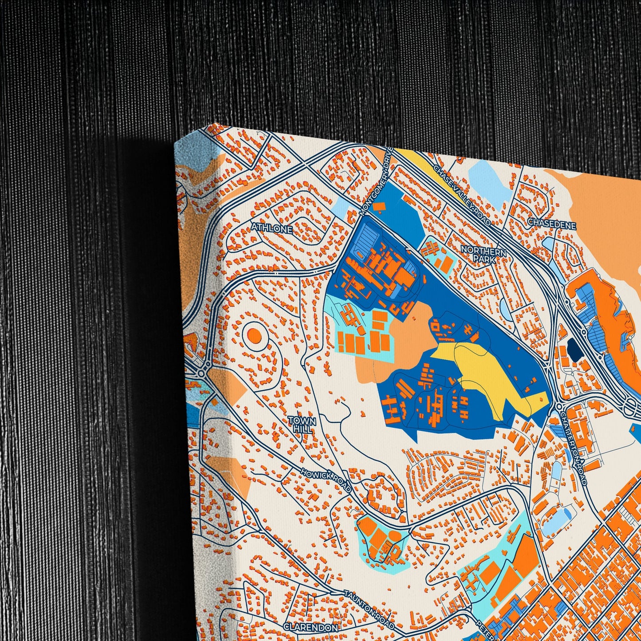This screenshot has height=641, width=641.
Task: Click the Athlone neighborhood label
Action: click(x=271, y=229)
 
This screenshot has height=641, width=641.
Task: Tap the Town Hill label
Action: click(x=302, y=425)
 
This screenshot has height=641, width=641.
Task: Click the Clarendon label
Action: click(x=311, y=628)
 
